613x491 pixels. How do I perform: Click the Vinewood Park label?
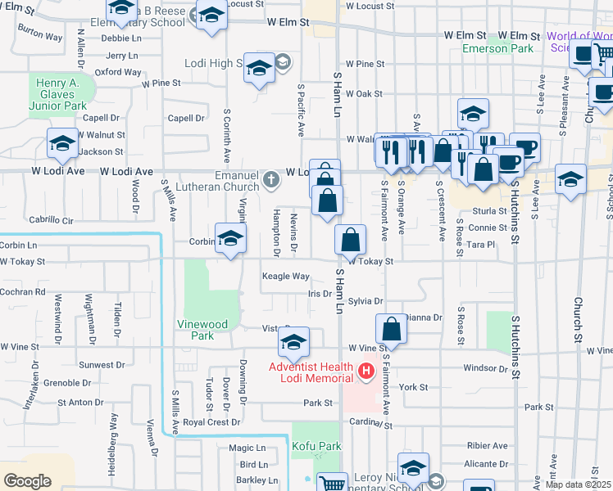click(202, 330)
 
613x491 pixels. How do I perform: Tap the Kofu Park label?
click(316, 446)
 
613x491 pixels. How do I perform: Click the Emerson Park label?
click(497, 48)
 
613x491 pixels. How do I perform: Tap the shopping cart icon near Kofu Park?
click(332, 484)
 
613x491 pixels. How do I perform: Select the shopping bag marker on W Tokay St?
click(350, 241)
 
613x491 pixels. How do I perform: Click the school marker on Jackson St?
click(62, 145)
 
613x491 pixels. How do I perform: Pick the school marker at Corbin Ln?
click(231, 239)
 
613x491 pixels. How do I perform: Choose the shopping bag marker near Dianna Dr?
click(392, 328)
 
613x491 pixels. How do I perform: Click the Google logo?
click(26, 481)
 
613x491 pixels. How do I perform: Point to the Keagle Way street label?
click(285, 277)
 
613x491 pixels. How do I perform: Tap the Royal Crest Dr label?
click(211, 422)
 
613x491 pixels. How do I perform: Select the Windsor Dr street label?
click(485, 368)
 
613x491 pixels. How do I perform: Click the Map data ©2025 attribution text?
click(578, 484)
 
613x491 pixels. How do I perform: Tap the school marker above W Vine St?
click(293, 343)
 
